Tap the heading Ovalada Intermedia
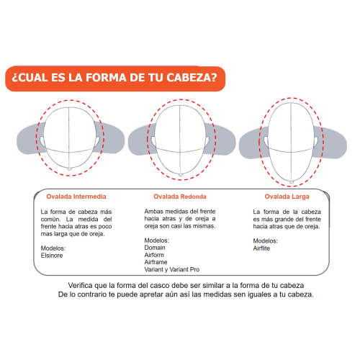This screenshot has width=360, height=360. (76, 197)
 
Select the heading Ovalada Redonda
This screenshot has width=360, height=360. (180, 197)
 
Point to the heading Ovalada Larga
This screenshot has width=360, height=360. (287, 197)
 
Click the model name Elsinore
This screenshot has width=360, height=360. (52, 256)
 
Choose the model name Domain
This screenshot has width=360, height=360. (155, 248)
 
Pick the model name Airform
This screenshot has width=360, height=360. (154, 255)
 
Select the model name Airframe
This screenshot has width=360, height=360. (156, 262)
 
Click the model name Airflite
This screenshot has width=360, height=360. (261, 248)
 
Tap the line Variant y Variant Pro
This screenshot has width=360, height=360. (172, 269)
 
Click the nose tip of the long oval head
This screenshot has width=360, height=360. (292, 182)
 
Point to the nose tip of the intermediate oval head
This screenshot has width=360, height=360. (70, 168)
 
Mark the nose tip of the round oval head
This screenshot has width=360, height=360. (181, 175)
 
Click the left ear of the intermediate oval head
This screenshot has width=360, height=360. (42, 141)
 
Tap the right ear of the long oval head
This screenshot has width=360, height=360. (316, 141)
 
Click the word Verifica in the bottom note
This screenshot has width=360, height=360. (80, 285)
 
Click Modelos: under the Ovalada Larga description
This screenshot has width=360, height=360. (265, 241)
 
